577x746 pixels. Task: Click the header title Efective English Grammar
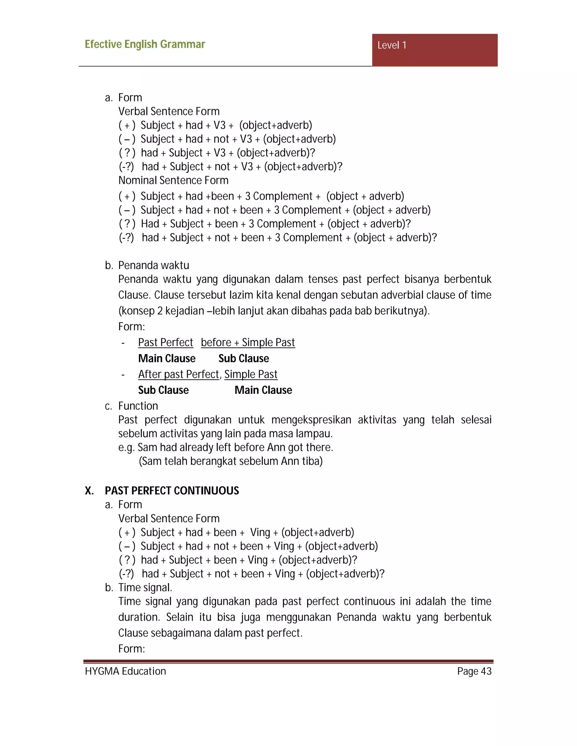point(145,44)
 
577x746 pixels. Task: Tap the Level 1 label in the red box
point(392,45)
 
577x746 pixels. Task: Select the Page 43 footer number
point(474,671)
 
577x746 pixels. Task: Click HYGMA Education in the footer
point(125,671)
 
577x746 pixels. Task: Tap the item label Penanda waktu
point(154,265)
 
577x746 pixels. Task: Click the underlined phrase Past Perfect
point(165,342)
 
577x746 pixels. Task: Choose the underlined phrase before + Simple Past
point(248,342)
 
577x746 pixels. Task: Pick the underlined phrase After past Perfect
point(178,374)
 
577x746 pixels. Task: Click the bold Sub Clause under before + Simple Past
point(244,358)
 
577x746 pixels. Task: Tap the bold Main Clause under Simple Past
point(263,390)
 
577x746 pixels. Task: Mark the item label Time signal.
point(145,588)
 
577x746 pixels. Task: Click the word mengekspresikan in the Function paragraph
point(311,420)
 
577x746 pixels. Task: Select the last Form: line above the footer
point(132,649)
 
